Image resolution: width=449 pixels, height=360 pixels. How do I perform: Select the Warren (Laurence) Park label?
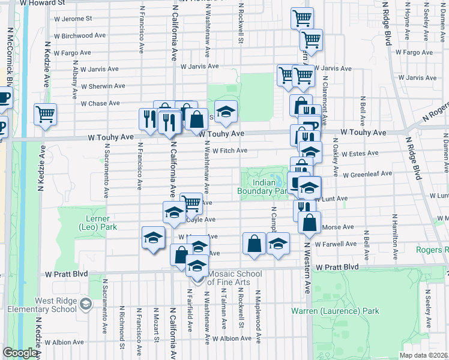(x=335, y=311)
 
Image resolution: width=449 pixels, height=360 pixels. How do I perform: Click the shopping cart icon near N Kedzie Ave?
(x=46, y=114)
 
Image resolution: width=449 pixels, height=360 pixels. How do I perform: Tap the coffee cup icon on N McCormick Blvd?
(x=3, y=98)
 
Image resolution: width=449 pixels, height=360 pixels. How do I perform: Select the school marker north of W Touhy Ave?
(x=225, y=111)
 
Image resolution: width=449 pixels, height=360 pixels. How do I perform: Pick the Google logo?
(x=20, y=353)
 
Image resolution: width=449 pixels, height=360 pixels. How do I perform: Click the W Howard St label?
(x=43, y=3)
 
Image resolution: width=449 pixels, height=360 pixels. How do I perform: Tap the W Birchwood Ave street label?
(x=80, y=36)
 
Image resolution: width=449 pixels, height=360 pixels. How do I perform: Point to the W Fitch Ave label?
(x=230, y=151)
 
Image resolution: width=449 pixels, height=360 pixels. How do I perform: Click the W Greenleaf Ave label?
(x=367, y=174)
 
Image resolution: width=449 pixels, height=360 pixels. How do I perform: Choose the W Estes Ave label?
(x=360, y=153)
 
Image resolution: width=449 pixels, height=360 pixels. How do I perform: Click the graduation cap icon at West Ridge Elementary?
(x=87, y=304)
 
